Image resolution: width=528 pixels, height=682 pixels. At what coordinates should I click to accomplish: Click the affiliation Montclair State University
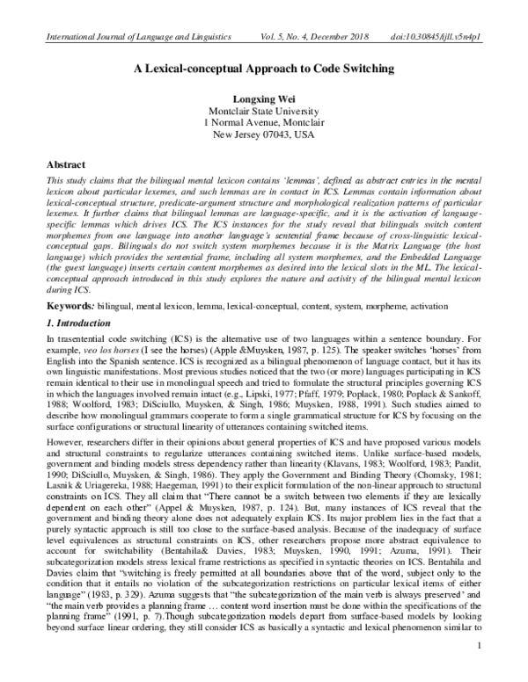264,111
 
